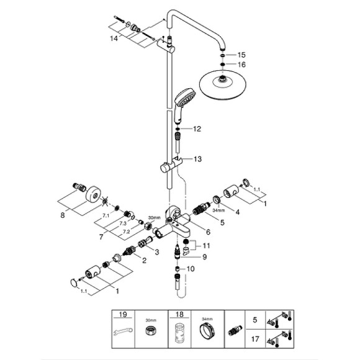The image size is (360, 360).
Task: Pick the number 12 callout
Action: click(197, 129)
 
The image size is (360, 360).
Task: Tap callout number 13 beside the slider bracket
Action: click(197, 160)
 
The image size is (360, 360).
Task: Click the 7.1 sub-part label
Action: click(106, 216)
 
